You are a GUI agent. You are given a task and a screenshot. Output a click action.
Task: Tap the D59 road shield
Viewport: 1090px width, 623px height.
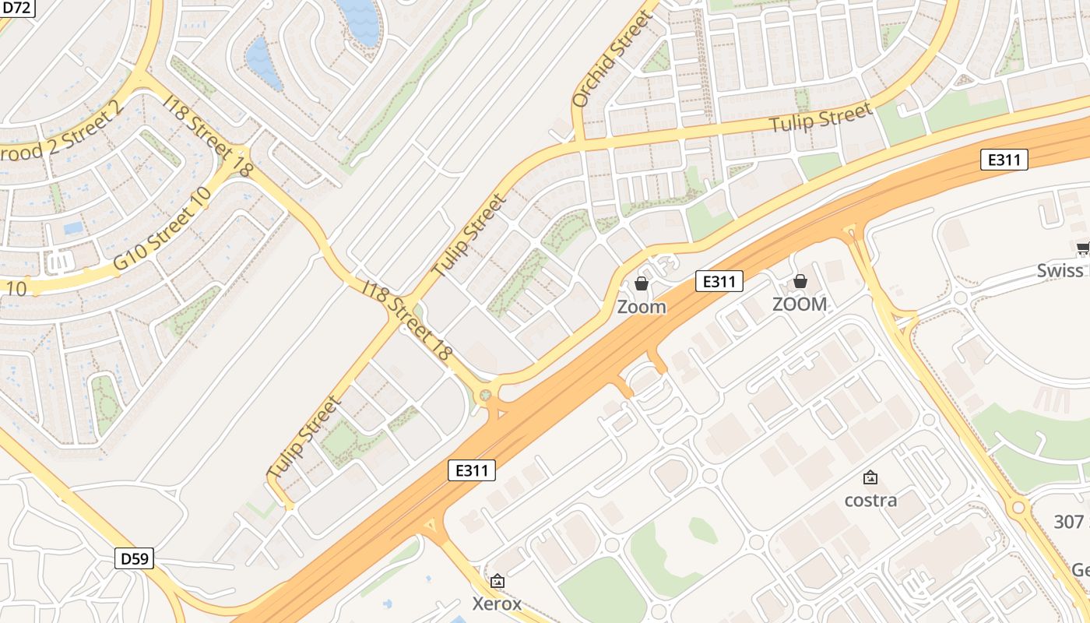(135, 558)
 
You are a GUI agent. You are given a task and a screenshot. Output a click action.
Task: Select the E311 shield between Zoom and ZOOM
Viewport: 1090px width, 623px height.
(719, 281)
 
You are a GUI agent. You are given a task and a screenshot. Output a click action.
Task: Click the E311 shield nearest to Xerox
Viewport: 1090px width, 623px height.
(472, 470)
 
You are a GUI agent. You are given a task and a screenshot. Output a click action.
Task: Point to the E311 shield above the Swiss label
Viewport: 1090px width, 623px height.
(1004, 160)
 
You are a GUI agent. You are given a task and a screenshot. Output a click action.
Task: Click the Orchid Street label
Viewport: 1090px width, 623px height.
(612, 60)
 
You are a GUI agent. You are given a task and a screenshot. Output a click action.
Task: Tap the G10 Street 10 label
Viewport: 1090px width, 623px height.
(162, 230)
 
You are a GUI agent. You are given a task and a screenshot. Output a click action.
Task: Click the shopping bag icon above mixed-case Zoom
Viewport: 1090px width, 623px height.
(642, 283)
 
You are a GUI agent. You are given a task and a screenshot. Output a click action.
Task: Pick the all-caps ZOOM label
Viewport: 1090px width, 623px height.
(800, 304)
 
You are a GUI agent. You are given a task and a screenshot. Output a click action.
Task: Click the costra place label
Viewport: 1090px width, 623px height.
(870, 500)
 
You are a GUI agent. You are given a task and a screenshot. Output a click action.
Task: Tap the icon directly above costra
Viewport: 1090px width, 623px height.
(870, 477)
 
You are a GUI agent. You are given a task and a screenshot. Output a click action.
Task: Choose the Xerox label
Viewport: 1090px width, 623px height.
(497, 604)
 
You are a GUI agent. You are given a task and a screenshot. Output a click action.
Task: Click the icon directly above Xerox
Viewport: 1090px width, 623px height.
(498, 581)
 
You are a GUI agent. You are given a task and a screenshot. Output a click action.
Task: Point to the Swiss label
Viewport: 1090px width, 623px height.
(1060, 271)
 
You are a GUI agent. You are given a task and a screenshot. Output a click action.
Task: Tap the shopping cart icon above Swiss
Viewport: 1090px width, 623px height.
(1082, 249)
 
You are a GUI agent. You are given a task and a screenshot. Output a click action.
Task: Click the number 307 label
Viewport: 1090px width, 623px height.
(1068, 522)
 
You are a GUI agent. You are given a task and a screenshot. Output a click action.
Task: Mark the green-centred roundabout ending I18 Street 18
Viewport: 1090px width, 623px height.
(486, 396)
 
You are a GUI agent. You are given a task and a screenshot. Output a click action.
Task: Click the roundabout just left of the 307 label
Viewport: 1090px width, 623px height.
(1018, 509)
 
